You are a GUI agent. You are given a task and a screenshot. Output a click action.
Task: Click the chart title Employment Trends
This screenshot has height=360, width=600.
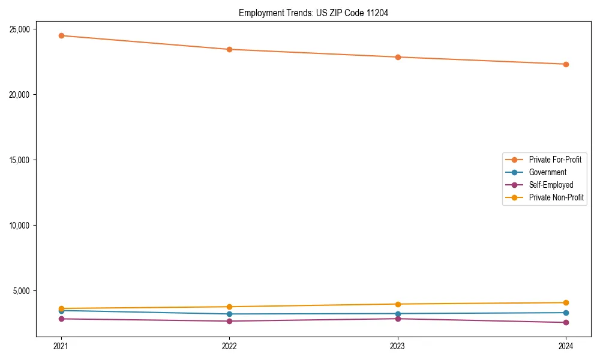click(313, 13)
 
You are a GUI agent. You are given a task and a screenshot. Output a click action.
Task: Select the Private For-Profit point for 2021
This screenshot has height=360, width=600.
click(61, 35)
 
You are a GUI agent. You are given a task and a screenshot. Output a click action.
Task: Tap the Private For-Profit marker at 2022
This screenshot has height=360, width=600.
click(229, 49)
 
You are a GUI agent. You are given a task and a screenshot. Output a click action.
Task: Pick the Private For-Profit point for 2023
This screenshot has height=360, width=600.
click(398, 57)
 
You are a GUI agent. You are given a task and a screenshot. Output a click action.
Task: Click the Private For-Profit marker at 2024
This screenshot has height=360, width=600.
click(566, 64)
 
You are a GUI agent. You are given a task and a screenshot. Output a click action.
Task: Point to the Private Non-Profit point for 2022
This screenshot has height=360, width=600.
click(229, 307)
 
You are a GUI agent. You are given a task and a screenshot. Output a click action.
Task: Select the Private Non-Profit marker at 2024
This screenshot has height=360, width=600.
click(566, 302)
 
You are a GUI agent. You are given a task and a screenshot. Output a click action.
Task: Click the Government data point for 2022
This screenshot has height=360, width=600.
click(229, 314)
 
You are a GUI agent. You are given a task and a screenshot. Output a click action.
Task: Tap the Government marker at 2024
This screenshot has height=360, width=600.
click(566, 313)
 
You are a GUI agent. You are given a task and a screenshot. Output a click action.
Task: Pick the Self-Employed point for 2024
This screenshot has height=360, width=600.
click(566, 323)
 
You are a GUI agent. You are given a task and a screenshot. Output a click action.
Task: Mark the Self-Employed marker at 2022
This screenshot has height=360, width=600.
click(229, 321)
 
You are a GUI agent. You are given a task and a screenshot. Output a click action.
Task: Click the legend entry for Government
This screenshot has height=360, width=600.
click(547, 172)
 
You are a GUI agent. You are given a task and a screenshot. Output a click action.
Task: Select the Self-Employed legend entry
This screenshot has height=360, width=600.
click(551, 185)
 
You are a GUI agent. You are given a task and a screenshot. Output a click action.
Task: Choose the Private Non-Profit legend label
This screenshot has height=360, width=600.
click(556, 197)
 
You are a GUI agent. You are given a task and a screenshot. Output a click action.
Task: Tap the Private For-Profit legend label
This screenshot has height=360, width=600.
click(555, 160)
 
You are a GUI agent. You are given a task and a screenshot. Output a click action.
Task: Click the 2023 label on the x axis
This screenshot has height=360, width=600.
click(398, 346)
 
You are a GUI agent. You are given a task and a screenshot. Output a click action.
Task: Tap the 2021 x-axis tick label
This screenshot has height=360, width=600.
click(61, 346)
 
